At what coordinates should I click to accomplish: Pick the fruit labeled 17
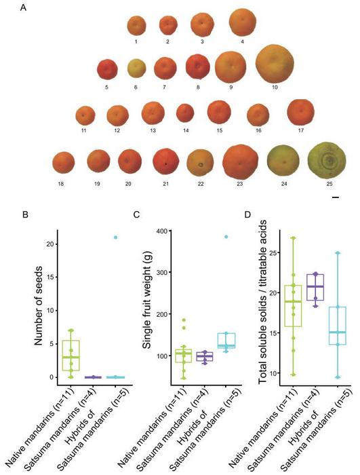pyautogui.click(x=300, y=113)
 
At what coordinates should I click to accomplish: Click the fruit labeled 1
pyautogui.click(x=136, y=26)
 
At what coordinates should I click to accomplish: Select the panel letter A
pyautogui.click(x=24, y=8)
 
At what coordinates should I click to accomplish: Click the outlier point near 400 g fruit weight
pyautogui.click(x=226, y=237)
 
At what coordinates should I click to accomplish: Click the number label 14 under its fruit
pyautogui.click(x=184, y=130)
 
